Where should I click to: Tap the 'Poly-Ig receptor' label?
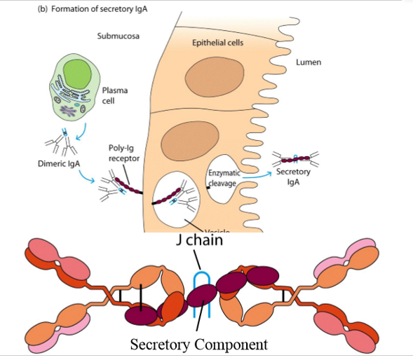pyautogui.click(x=124, y=153)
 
